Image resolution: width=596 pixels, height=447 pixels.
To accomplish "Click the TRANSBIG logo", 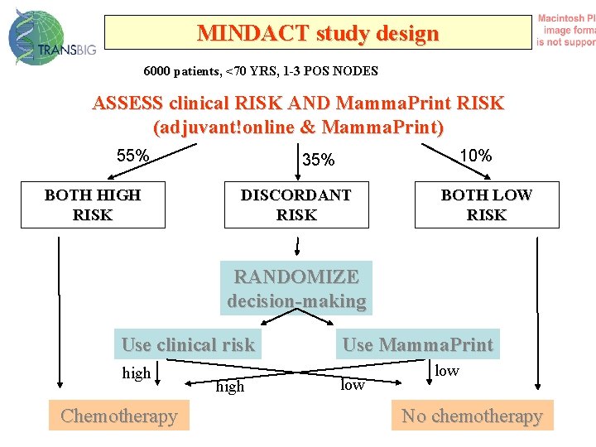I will [x=51, y=38].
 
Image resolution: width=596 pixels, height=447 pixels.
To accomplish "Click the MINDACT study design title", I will [x=317, y=33].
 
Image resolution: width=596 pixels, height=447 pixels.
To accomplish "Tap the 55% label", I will [x=132, y=156].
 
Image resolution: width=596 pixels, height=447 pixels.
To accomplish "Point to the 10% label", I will [x=476, y=156].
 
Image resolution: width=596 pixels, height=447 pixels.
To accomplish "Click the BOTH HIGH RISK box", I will [x=93, y=205].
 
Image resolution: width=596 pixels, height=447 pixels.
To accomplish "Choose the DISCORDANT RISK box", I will [x=296, y=205].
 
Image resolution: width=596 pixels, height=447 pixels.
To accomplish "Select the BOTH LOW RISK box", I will [x=487, y=205].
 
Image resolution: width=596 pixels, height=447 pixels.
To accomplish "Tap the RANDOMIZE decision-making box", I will [x=296, y=288].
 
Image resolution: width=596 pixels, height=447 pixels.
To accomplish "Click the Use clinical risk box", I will [x=188, y=344].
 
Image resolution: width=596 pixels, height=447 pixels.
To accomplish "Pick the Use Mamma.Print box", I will [x=417, y=344].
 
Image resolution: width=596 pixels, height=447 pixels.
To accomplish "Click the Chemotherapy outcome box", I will [x=119, y=416].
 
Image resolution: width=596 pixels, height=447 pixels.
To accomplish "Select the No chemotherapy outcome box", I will [x=472, y=416].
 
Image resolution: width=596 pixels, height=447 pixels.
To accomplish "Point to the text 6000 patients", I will [x=179, y=71].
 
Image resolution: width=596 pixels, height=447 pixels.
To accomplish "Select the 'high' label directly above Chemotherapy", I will [x=137, y=373].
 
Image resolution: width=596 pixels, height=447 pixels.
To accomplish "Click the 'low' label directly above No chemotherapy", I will [x=447, y=371].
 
